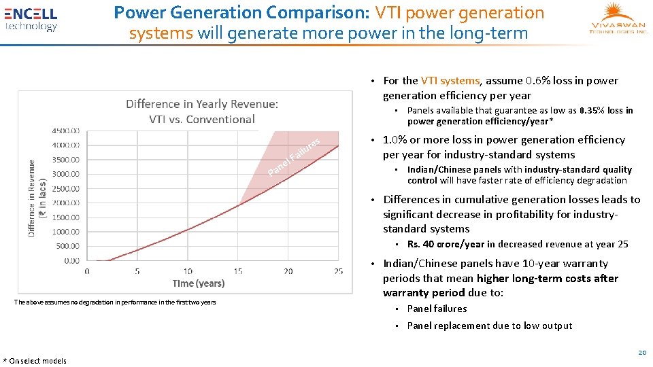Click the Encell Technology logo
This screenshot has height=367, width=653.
coord(31,19)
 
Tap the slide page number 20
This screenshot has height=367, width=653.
coord(641,352)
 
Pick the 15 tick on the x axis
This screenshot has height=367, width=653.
coord(238,271)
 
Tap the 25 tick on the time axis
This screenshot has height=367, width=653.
coord(338,271)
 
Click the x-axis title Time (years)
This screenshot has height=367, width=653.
coord(198,283)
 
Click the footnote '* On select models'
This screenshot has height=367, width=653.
coord(35,361)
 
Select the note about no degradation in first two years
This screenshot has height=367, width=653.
coord(114,302)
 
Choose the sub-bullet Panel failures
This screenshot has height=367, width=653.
coord(437,309)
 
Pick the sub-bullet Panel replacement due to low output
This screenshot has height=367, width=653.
coord(489,326)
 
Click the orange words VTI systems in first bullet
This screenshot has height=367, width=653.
coord(450,80)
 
